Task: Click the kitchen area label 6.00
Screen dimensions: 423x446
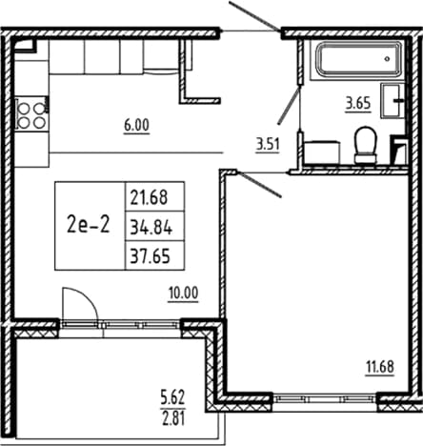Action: [136, 125]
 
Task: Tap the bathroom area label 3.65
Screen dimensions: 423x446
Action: [358, 103]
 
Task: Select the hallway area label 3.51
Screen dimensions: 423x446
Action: [268, 145]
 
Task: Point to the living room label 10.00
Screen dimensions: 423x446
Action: [183, 293]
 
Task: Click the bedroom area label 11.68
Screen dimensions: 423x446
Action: [380, 367]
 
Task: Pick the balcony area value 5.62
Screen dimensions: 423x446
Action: [172, 397]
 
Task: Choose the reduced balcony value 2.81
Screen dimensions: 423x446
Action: [173, 418]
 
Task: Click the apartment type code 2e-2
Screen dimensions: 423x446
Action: [89, 225]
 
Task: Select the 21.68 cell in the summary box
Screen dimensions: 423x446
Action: [149, 197]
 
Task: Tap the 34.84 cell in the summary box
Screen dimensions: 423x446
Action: [151, 228]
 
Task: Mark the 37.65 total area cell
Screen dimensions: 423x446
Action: [150, 256]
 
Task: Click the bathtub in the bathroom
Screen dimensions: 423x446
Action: [358, 59]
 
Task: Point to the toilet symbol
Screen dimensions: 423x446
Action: [365, 145]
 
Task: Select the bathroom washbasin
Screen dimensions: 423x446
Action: [393, 100]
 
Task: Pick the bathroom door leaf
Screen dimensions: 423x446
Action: [289, 105]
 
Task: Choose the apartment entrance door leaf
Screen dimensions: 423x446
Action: [254, 15]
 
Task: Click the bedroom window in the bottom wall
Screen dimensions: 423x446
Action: [325, 398]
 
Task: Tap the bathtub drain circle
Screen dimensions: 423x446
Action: [387, 58]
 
